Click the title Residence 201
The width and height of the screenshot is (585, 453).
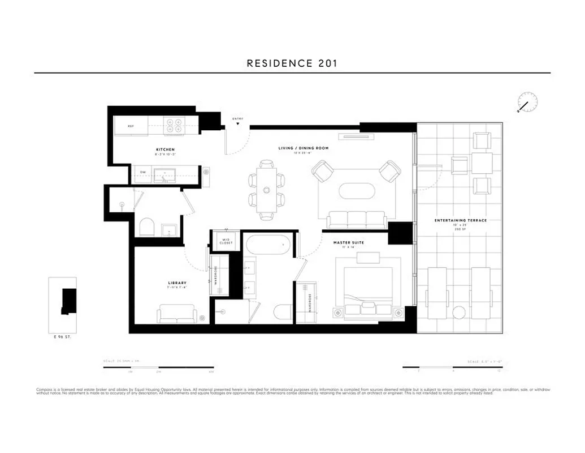coord(292,63)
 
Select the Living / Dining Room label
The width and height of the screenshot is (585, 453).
coord(303,148)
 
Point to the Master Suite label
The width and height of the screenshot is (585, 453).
coord(348,242)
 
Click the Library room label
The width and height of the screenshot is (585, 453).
coord(177,283)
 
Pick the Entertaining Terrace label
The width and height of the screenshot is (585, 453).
coord(460,220)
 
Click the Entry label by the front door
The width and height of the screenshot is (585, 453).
coord(238,118)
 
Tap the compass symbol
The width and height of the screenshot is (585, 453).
coord(527,103)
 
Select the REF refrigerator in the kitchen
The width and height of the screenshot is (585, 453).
coord(131,126)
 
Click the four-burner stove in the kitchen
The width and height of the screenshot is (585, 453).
coord(173,125)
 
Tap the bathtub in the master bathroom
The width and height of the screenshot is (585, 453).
coord(268,245)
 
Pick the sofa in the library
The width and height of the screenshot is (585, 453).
coord(177,313)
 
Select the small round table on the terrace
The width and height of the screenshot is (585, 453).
coord(459,312)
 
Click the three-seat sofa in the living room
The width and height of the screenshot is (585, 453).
coord(357,219)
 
